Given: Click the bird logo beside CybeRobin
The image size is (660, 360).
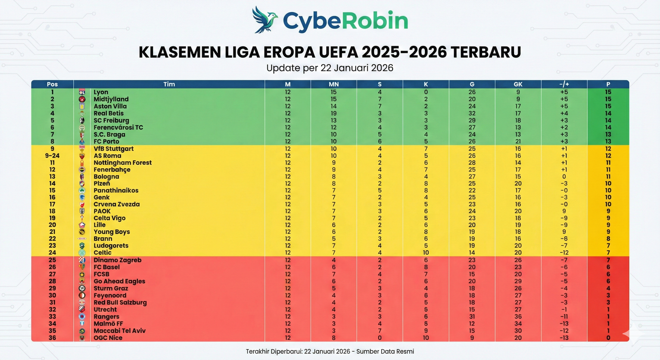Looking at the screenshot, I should (264, 20).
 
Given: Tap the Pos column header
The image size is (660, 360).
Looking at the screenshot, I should (52, 84).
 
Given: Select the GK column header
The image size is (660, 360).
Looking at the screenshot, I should (518, 84).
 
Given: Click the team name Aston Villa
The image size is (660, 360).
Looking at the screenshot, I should (110, 106).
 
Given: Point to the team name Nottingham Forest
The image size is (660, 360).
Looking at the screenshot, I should (123, 162).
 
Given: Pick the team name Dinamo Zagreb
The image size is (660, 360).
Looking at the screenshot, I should (118, 260).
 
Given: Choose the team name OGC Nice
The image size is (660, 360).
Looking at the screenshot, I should (108, 338).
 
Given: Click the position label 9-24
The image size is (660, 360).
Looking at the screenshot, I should (52, 155).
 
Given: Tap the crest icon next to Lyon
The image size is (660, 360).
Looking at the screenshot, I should (82, 92).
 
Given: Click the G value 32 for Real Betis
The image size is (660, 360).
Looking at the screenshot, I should (472, 113).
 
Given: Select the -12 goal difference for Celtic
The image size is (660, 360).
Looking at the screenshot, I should (564, 252).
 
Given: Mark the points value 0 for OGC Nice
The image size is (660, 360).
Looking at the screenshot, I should (608, 338).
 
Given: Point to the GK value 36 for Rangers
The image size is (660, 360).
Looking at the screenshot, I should (518, 316).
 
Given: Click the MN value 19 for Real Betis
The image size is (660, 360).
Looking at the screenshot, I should (334, 113).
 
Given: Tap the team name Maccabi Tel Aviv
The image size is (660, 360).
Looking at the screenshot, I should (120, 331).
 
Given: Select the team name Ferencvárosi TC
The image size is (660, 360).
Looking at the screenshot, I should (118, 127).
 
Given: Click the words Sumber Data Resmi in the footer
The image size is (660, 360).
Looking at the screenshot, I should (385, 351).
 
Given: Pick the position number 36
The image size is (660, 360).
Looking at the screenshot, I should (52, 338).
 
